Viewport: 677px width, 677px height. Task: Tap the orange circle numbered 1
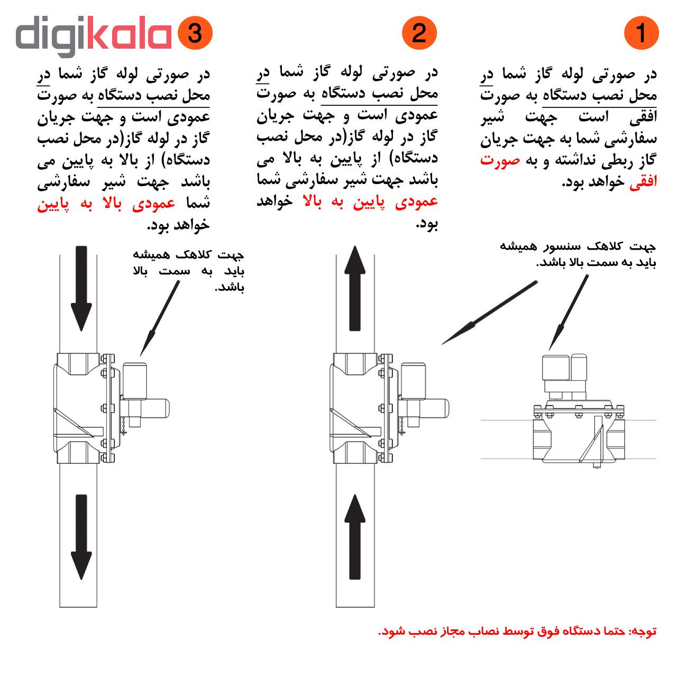click(641, 33)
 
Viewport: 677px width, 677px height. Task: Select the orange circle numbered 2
click(419, 33)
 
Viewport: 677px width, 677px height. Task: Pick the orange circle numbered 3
click(195, 33)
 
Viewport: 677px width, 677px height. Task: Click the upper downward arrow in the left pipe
click(81, 288)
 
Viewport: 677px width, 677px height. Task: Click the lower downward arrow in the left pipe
click(81, 537)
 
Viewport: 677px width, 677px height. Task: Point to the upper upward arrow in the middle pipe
click(355, 288)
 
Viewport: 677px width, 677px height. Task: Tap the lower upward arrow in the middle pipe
click(355, 537)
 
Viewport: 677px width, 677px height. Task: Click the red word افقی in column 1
click(643, 182)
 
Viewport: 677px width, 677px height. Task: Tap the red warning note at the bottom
click(517, 632)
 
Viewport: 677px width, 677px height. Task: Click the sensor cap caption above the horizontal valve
click(578, 254)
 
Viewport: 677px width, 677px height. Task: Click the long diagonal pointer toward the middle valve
click(489, 313)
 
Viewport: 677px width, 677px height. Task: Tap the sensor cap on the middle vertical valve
click(413, 379)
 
